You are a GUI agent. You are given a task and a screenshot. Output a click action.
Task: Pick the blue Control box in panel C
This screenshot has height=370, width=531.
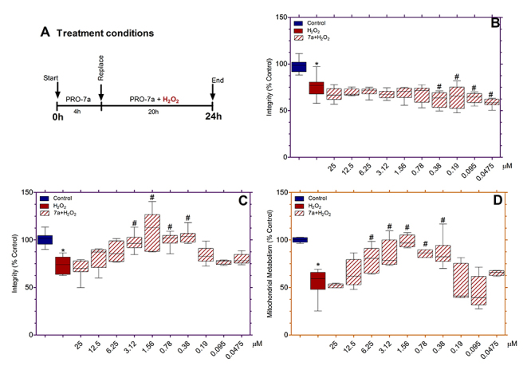[x=45, y=239]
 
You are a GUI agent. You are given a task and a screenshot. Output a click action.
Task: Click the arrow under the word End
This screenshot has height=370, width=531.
[x=212, y=93]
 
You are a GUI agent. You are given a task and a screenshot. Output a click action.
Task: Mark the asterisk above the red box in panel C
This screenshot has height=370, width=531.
[x=62, y=251]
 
